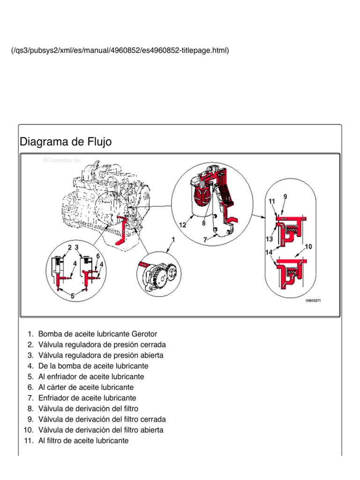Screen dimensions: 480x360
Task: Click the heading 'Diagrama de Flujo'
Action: (x=66, y=142)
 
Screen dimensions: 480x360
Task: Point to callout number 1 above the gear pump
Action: (x=173, y=240)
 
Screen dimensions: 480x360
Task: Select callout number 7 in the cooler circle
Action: (x=205, y=240)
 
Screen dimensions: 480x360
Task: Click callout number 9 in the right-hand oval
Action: (x=285, y=196)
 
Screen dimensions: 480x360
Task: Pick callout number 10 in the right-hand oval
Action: (x=308, y=247)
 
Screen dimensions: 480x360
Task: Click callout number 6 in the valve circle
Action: (x=98, y=255)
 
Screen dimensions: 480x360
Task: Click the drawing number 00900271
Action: (x=315, y=301)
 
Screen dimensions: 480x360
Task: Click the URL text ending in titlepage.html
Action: (x=120, y=50)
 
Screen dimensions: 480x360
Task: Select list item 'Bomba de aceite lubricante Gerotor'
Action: (x=97, y=334)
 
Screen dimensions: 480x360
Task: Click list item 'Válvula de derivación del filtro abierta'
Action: (x=101, y=430)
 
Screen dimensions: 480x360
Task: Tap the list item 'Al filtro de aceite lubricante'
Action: (x=83, y=441)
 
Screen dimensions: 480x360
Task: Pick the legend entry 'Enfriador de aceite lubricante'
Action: (x=87, y=398)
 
